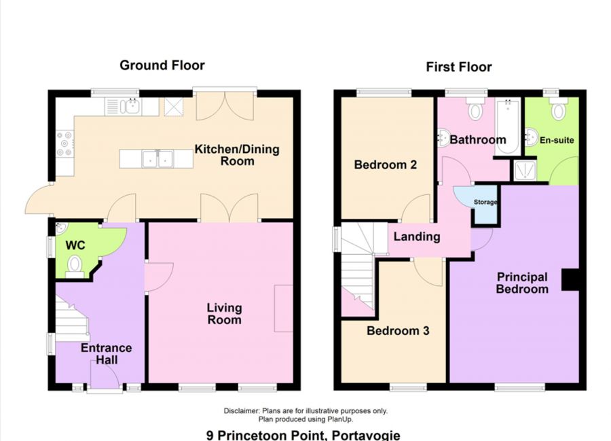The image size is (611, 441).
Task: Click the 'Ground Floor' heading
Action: pyautogui.click(x=162, y=65)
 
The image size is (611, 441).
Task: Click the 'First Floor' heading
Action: pyautogui.click(x=458, y=67)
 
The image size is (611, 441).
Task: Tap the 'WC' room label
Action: pyautogui.click(x=74, y=245)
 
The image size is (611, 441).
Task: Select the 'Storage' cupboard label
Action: pyautogui.click(x=485, y=202)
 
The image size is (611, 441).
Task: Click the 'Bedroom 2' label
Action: pyautogui.click(x=385, y=164)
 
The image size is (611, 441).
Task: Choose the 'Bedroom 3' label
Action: pyautogui.click(x=398, y=331)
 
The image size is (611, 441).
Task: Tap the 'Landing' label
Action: pyautogui.click(x=416, y=236)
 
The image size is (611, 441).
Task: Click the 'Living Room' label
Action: pyautogui.click(x=224, y=313)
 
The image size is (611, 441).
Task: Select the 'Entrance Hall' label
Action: pyautogui.click(x=106, y=353)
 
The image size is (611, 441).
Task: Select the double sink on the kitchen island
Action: pyautogui.click(x=157, y=159)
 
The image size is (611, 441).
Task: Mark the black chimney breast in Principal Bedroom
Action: pyautogui.click(x=569, y=280)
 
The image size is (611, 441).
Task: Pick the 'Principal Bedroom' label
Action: pyautogui.click(x=521, y=283)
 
